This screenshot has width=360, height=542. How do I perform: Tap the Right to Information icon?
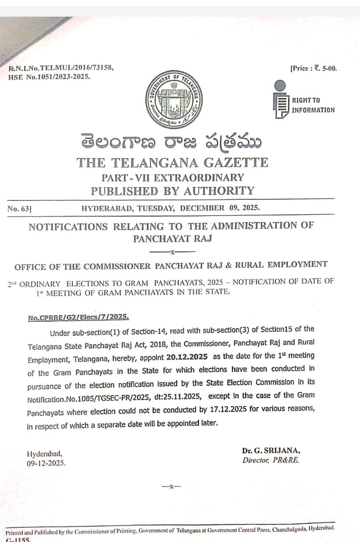click(280, 100)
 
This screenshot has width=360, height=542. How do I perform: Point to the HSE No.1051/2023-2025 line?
click(49, 77)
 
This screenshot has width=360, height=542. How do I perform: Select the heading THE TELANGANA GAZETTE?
click(172, 163)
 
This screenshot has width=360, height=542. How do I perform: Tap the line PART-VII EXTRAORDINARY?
click(172, 177)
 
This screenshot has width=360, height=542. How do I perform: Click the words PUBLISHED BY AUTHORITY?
click(172, 191)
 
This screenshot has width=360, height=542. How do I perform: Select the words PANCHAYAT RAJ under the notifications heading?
click(172, 238)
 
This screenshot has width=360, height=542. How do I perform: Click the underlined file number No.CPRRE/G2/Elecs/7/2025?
click(78, 318)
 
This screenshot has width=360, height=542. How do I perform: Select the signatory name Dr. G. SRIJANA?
click(271, 451)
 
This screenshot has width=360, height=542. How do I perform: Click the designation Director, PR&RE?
click(271, 460)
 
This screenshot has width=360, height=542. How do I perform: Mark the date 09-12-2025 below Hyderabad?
click(46, 463)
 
